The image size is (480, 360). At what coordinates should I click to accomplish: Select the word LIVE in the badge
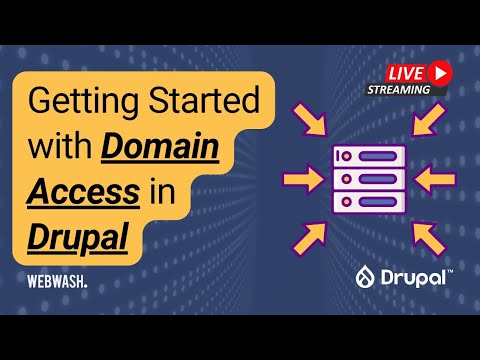point(403,72)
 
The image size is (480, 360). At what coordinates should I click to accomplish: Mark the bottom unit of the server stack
point(368,200)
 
